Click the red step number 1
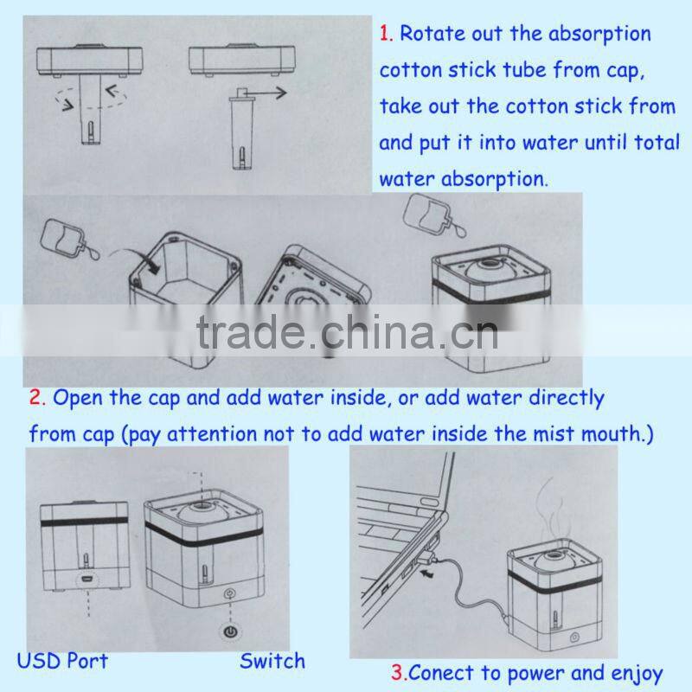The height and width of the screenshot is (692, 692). (x=386, y=34)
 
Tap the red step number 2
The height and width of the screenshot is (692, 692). (x=37, y=397)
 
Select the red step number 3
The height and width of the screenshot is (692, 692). (x=397, y=672)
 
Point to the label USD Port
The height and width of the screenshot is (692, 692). (x=62, y=661)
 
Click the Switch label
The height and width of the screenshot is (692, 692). (x=272, y=661)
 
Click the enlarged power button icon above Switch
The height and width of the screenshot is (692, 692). (x=230, y=632)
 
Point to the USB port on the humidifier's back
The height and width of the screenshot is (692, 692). (x=87, y=579)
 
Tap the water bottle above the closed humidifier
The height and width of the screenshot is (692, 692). (x=433, y=215)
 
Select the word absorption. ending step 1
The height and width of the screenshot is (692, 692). (x=494, y=179)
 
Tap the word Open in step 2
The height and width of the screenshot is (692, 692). (x=79, y=398)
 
